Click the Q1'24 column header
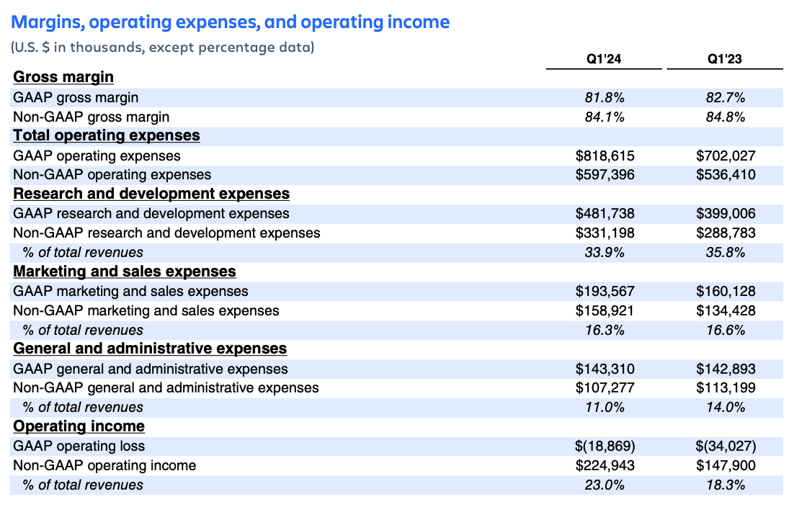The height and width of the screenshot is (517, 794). (604, 59)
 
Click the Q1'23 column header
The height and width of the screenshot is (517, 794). (725, 59)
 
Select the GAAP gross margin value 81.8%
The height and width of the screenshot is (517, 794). (604, 97)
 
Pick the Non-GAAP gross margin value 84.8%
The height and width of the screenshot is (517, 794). (726, 117)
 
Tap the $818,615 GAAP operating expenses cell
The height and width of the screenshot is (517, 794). (605, 156)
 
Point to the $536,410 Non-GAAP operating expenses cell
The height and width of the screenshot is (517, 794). (726, 175)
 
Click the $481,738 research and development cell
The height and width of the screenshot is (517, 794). (605, 214)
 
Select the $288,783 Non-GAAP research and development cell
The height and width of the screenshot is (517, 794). (726, 233)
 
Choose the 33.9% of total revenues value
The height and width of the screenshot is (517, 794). (604, 253)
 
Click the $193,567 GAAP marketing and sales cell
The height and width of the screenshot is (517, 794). (605, 292)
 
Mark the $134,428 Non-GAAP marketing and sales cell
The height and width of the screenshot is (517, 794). (726, 311)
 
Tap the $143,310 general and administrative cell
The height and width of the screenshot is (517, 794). (605, 369)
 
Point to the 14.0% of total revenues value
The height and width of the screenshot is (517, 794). (726, 408)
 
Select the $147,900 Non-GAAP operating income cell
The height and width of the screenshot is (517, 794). (726, 466)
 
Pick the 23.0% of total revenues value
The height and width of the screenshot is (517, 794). (604, 485)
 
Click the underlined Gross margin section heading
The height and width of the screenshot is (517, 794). (63, 77)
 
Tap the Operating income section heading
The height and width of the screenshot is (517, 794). (79, 426)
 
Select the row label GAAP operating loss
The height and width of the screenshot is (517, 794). (79, 446)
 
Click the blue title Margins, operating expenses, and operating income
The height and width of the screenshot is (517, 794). (231, 22)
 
